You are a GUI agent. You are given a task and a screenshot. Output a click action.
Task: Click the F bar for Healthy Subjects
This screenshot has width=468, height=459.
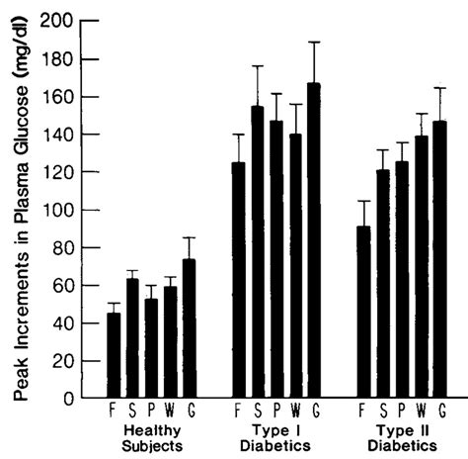tap(114, 356)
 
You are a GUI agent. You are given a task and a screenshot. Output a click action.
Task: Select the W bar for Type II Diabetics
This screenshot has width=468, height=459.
tap(422, 267)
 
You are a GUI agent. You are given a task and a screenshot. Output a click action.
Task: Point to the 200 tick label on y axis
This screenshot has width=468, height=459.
tap(56, 21)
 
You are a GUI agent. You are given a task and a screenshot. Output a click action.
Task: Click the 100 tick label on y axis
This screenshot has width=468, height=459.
tap(56, 210)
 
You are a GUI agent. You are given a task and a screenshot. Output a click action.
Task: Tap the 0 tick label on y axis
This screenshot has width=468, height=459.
tap(66, 399)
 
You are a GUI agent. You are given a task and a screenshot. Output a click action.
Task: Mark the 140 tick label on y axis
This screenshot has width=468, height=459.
tap(56, 135)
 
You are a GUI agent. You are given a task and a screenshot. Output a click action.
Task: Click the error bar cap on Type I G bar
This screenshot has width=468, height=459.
tap(314, 43)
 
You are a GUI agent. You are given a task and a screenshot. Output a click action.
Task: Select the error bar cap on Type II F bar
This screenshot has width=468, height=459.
tap(364, 202)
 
